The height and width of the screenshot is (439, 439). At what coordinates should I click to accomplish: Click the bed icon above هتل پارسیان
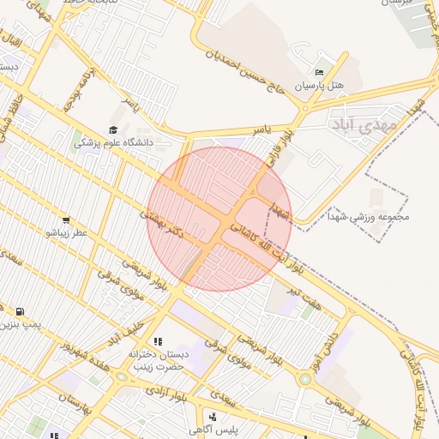tap(319, 72)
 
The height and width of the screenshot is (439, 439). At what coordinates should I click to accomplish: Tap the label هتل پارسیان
tap(319, 86)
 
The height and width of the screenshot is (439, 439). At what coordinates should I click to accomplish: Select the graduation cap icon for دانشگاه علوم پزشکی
tap(112, 129)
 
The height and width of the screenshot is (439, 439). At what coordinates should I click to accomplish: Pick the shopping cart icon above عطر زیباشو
tap(67, 220)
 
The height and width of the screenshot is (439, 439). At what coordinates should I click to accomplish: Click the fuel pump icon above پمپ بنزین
tap(20, 311)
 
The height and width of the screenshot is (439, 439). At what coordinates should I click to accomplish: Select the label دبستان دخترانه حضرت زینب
tap(157, 359)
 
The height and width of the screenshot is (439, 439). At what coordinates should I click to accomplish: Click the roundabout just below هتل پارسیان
tap(304, 108)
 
